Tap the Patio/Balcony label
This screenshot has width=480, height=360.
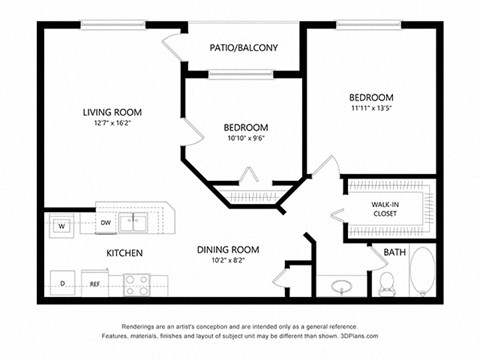tap(243, 48)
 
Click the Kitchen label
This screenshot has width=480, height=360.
tap(123, 253)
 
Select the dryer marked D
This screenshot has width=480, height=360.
tap(63, 283)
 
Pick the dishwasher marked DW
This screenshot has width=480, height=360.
tap(105, 222)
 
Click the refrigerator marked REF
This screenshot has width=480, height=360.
tap(95, 284)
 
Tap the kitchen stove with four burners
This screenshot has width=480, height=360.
tap(136, 284)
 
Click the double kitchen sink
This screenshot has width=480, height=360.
tap(133, 222)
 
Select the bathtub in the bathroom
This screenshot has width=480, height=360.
tap(421, 273)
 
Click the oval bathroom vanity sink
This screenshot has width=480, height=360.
tap(343, 287)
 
